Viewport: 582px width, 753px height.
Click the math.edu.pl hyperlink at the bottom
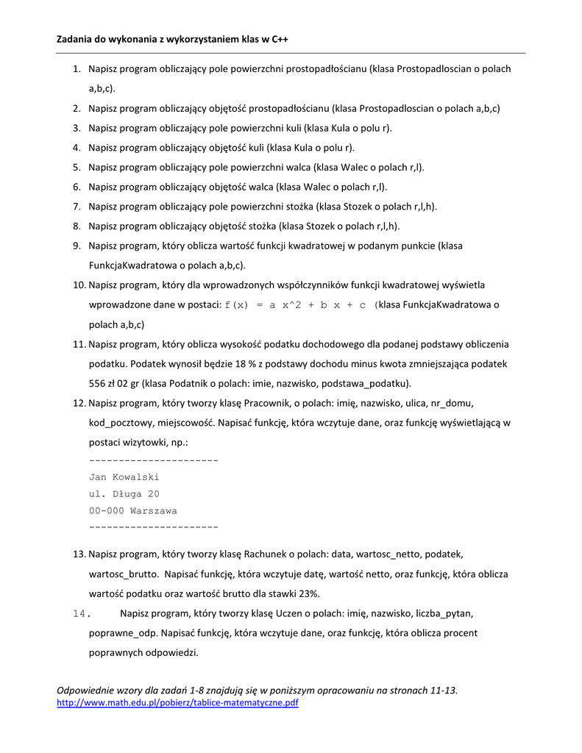(x=178, y=703)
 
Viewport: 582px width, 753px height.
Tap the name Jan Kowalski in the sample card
(x=124, y=477)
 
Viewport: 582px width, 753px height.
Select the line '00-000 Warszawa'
(x=132, y=510)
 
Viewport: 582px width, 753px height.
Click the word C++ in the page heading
(x=279, y=39)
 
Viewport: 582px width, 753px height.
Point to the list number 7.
(x=77, y=207)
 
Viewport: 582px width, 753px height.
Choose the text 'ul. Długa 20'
(x=124, y=494)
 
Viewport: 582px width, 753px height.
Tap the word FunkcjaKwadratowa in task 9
(x=129, y=265)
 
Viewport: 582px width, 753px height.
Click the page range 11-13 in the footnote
(x=443, y=690)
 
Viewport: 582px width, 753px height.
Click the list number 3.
(x=77, y=128)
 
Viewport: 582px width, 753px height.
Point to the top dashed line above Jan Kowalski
(x=153, y=460)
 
